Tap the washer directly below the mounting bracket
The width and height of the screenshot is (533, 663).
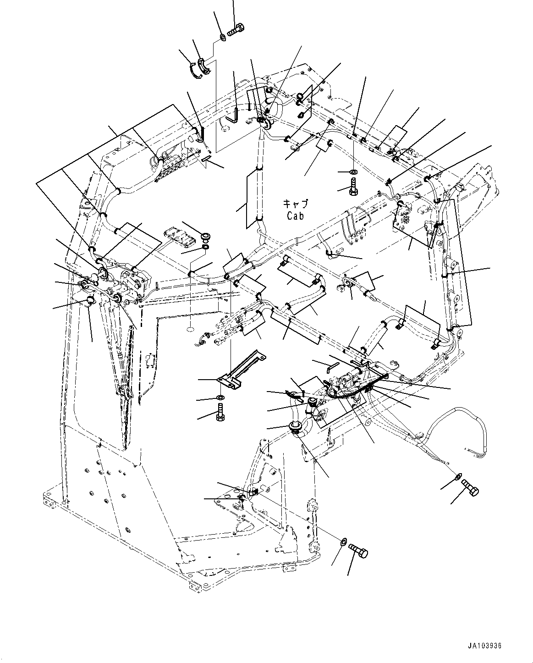221,396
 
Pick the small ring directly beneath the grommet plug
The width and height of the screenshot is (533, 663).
206,248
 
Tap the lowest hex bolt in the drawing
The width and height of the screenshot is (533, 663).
358,550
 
